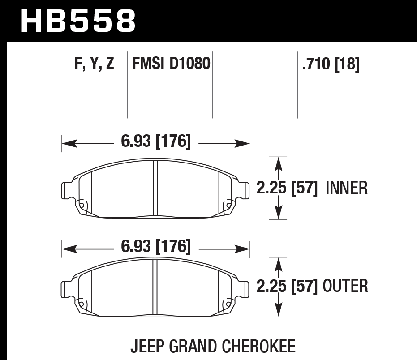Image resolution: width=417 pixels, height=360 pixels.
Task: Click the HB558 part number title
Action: [x=78, y=20]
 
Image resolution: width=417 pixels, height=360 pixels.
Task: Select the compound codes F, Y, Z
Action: [x=94, y=64]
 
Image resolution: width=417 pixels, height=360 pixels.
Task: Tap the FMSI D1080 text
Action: [x=171, y=64]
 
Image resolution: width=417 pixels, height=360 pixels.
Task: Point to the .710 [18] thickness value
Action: [x=331, y=64]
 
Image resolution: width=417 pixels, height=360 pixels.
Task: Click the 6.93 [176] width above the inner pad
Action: [x=155, y=142]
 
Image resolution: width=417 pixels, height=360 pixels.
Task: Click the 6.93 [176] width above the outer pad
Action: [x=155, y=247]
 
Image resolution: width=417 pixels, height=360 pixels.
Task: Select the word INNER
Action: [x=347, y=188]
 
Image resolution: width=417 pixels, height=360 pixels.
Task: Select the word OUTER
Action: [x=345, y=286]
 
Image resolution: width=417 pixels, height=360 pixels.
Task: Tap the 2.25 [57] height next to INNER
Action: [x=287, y=188]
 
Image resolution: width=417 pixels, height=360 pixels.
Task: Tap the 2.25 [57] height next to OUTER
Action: [x=287, y=286]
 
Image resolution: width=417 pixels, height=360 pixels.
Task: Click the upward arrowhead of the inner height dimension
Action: [x=279, y=162]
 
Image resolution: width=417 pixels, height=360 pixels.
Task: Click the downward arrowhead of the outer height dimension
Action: [x=279, y=312]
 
